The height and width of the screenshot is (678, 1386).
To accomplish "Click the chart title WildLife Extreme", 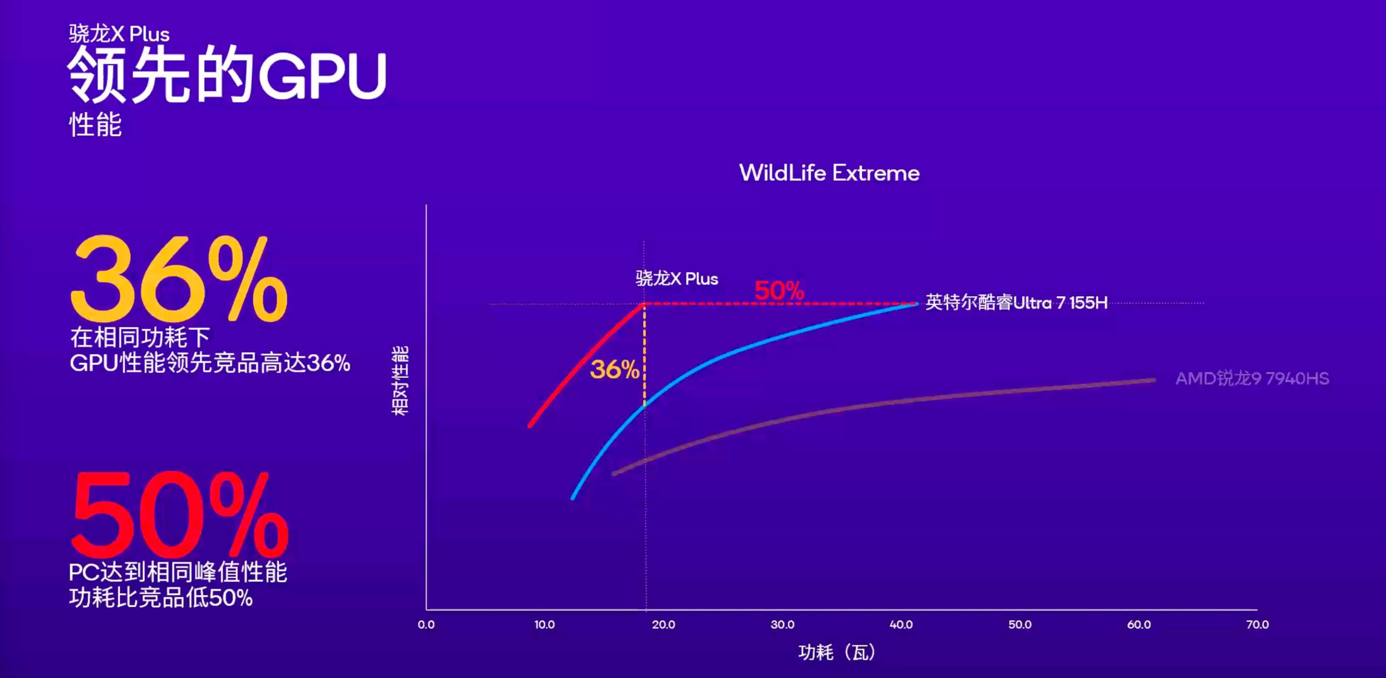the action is point(829,173).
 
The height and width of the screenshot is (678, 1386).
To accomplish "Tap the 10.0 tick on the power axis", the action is point(545,625).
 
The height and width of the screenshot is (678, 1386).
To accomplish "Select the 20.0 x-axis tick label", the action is point(663,625).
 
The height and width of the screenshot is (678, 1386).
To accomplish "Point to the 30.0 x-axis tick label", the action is point(783,625).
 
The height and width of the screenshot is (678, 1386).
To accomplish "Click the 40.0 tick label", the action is point(901,625).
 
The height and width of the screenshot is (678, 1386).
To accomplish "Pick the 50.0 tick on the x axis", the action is point(1020,625).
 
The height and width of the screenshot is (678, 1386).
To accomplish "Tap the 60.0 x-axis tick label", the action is point(1139,625).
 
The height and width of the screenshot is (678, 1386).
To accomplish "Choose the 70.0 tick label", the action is point(1257,625).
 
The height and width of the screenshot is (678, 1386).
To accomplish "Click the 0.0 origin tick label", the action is point(426,625).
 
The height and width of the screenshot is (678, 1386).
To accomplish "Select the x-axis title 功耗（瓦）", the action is point(837,652).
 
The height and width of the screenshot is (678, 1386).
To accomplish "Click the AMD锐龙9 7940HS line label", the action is point(1252,379).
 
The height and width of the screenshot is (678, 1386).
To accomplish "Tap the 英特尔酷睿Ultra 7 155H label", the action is point(1016,303).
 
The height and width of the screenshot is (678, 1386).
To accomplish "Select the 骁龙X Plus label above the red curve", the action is point(677,279).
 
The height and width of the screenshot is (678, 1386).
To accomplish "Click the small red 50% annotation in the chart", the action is point(779,291).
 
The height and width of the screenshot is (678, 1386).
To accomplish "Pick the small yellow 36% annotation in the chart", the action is point(614,370).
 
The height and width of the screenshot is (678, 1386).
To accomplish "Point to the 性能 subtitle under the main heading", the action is point(95,125).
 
